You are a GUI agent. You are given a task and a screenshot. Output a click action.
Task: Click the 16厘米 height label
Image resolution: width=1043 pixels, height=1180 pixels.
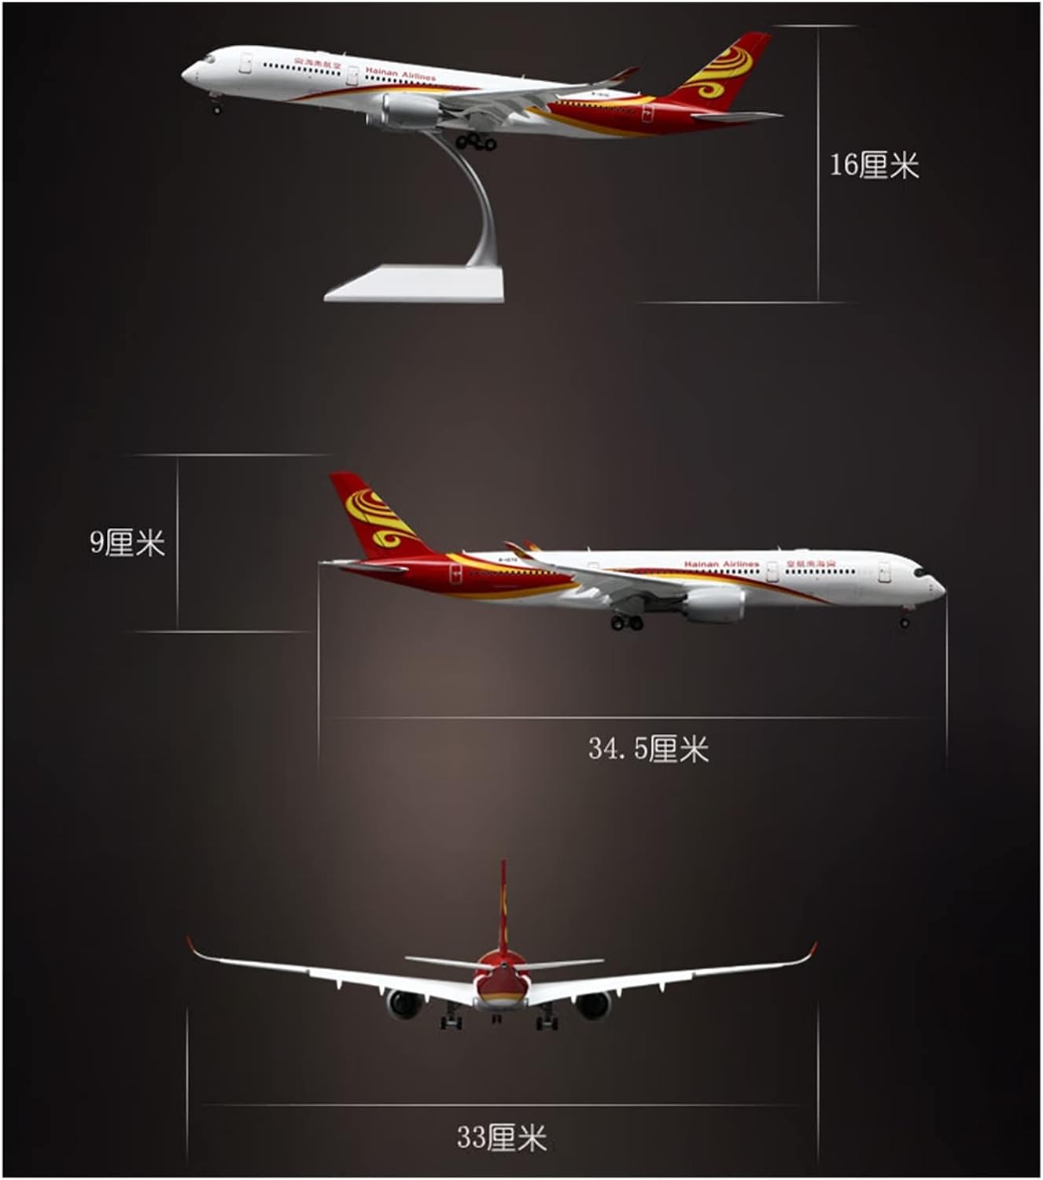874,166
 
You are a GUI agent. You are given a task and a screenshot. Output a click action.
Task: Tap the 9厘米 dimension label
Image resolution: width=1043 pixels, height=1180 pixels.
127,543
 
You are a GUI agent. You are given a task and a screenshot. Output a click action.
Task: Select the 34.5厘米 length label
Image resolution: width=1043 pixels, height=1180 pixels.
648,748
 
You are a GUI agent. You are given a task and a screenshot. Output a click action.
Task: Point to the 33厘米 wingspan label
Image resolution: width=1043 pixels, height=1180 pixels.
501,1138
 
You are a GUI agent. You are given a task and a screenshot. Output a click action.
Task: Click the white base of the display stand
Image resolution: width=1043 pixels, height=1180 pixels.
415,285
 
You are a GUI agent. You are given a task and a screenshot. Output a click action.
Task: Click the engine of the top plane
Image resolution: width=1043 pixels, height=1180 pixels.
411,111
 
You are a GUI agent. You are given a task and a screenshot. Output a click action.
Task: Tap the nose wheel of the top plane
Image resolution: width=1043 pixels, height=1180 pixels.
217,109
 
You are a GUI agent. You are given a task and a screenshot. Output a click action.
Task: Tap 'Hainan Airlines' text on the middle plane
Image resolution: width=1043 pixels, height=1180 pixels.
721,564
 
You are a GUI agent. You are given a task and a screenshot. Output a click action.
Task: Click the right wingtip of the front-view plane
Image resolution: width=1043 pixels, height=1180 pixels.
813,949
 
